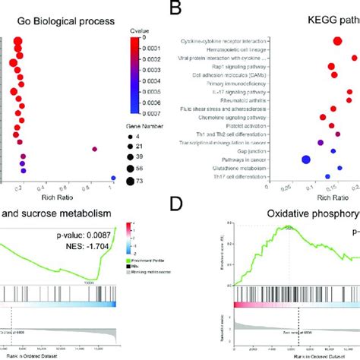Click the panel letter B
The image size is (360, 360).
(177, 9)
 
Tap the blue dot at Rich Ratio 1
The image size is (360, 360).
(113, 178)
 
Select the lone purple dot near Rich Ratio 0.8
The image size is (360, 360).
(95, 149)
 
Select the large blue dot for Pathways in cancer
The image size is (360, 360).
(307, 159)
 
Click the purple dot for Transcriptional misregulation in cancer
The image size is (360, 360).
(320, 142)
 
